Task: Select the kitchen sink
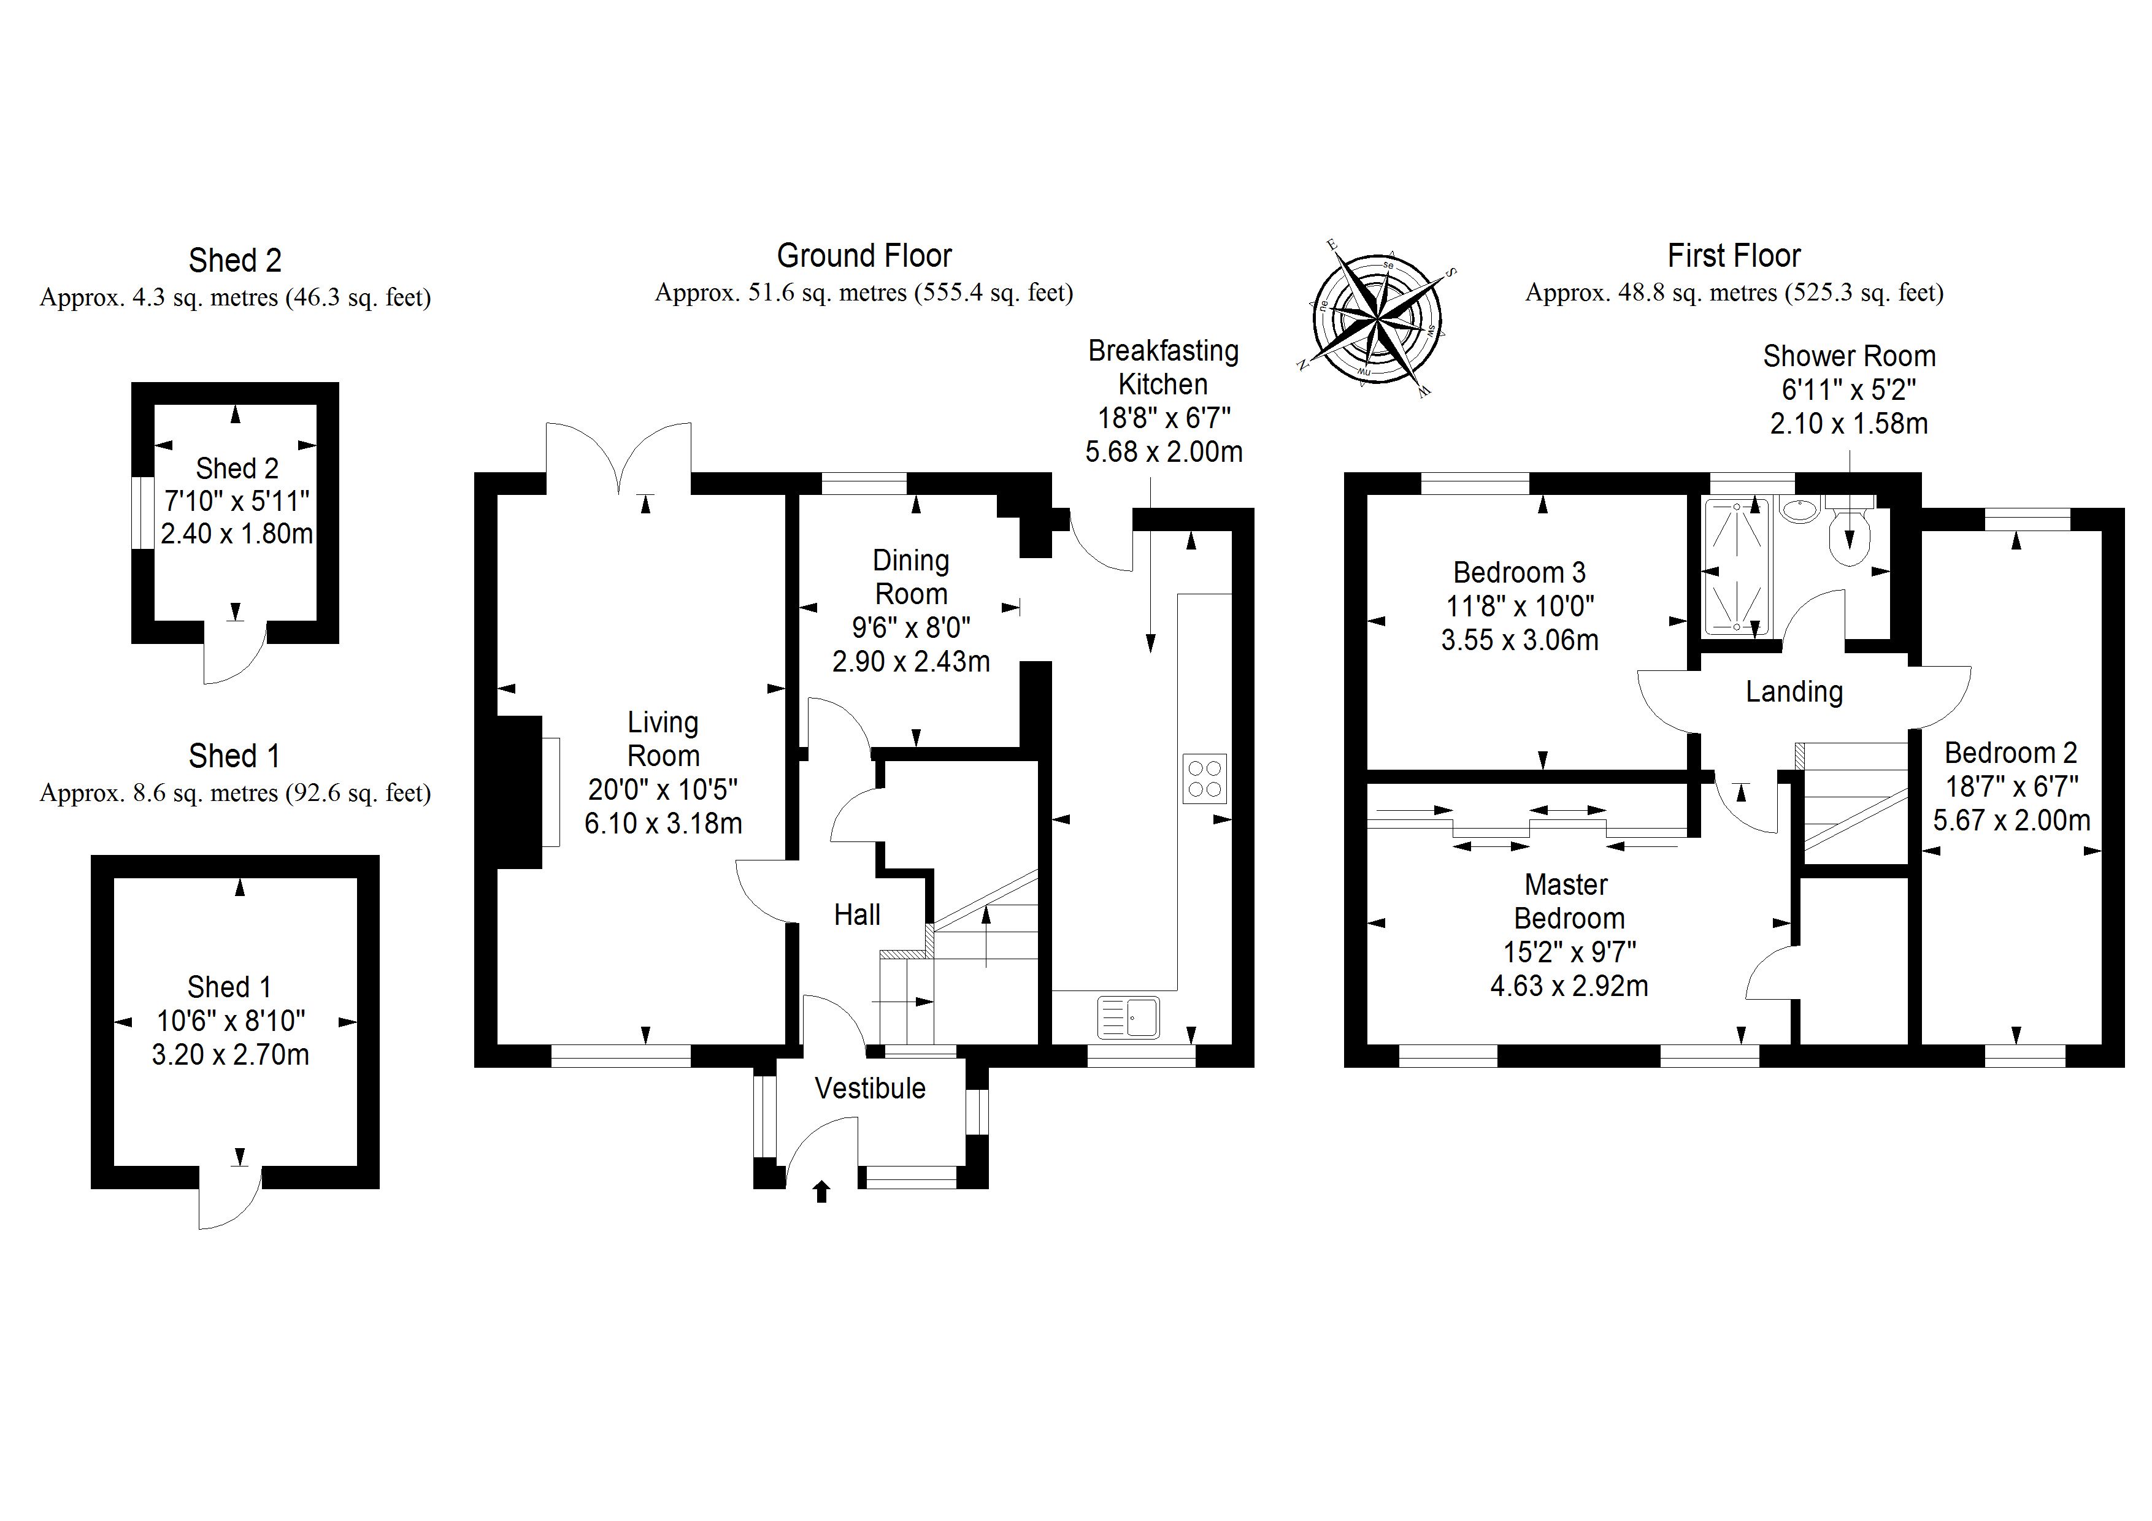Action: [x=1129, y=1017]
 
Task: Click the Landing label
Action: [x=1794, y=692]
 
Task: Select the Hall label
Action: [x=856, y=914]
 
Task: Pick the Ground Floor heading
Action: [x=864, y=256]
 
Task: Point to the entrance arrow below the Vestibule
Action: [x=822, y=1191]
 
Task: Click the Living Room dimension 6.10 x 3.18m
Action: [x=663, y=824]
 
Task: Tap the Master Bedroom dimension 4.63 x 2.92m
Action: [x=1569, y=986]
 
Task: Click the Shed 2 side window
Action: [x=142, y=513]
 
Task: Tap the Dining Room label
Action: [x=911, y=577]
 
